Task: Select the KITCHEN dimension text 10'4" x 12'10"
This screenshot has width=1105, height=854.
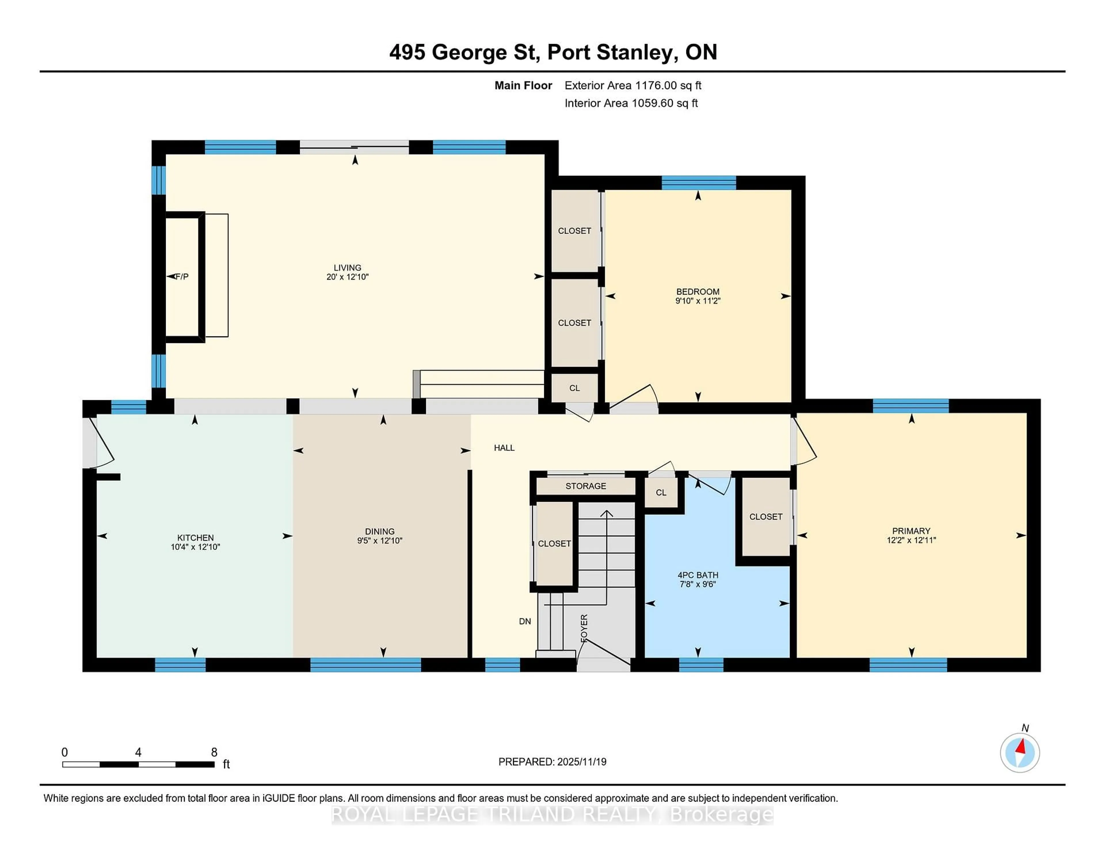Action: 195,547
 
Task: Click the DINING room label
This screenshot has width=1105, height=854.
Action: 380,531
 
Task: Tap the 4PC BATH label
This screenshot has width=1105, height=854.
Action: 698,575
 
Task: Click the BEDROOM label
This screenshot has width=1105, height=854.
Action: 698,291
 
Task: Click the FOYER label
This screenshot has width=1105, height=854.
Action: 584,628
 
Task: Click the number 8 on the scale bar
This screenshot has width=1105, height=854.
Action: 214,752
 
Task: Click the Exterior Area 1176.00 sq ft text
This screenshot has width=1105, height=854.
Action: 632,85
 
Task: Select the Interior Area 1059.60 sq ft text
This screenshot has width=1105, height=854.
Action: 631,103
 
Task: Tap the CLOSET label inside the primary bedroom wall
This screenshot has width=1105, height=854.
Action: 765,516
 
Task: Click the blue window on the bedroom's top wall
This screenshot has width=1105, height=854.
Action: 698,183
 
